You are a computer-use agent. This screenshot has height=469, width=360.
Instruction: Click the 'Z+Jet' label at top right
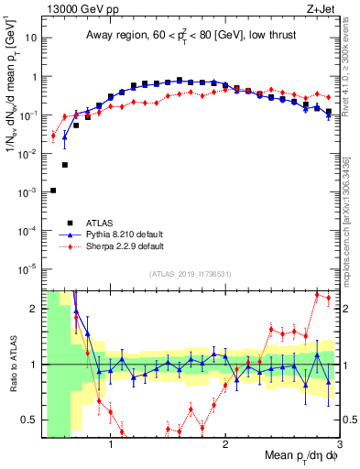coord(322,9)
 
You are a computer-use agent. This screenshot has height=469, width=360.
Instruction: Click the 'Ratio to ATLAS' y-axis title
coord(12,364)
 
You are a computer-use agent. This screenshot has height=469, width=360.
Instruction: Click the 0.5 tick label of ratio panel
coord(30,420)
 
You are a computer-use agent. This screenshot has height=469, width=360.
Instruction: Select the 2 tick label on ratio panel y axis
coord(35,309)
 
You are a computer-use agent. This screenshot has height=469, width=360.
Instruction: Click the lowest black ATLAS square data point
coord(53,191)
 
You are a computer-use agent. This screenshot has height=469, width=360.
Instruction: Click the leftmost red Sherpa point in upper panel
coord(53,136)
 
